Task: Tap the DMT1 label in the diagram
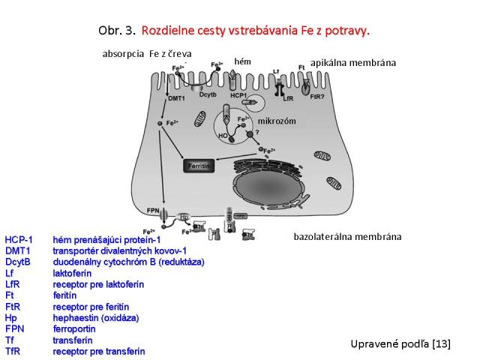tap(155, 98)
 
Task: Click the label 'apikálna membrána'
tap(352, 63)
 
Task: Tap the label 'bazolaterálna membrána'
tap(346, 236)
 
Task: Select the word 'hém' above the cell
tap(242, 61)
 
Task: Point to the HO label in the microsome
tap(221, 136)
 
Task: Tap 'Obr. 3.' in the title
tap(115, 31)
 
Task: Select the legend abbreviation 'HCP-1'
tap(19, 239)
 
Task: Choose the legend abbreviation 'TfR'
tap(13, 351)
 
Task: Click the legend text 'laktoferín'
tap(72, 273)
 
